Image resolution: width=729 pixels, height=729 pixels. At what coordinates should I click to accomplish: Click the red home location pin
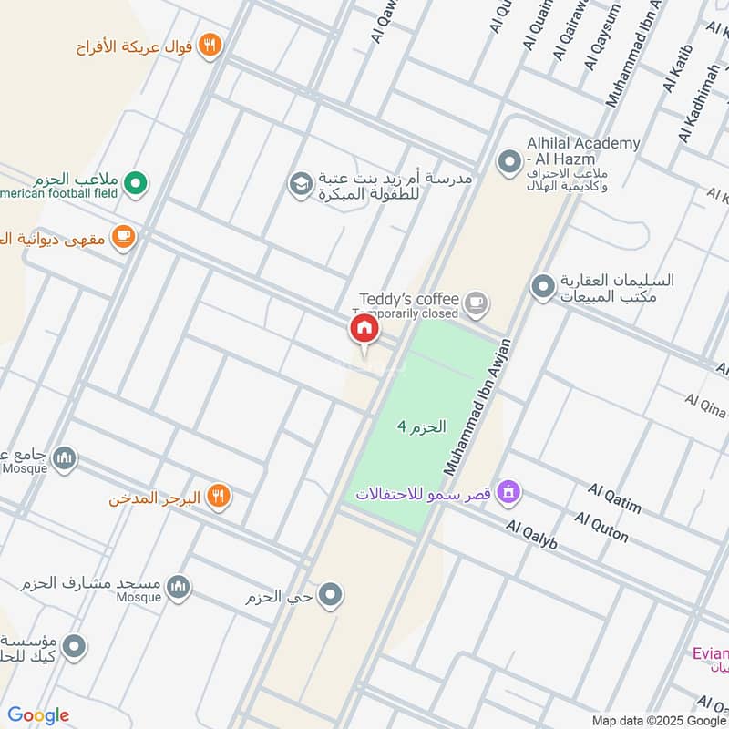point(364,330)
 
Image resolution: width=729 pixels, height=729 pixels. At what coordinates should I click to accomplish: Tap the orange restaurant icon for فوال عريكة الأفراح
point(210,45)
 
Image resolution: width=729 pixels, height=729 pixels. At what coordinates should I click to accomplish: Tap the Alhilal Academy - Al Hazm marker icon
point(508,163)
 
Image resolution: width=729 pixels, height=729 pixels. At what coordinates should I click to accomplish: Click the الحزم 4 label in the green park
point(422,426)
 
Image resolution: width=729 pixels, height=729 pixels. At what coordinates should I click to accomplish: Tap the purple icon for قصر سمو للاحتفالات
point(509,493)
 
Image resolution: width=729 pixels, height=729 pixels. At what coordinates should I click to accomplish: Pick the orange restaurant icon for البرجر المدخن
point(218,497)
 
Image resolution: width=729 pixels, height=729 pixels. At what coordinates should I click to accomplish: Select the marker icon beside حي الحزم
point(332,596)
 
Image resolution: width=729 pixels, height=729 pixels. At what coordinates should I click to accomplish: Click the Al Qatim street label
point(614,498)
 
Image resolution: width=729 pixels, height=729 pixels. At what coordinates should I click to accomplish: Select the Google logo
point(38,715)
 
